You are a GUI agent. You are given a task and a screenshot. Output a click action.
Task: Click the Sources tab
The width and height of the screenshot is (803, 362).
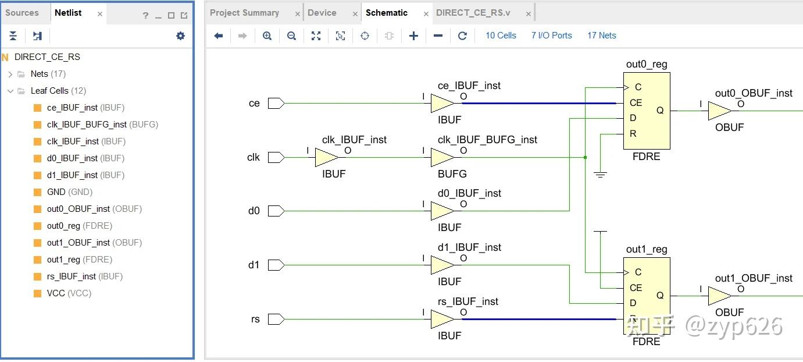click(22, 13)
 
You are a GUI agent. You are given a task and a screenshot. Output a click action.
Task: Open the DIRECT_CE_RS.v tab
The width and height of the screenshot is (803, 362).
click(473, 13)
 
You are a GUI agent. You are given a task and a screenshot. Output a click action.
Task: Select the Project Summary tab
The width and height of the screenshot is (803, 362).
click(244, 13)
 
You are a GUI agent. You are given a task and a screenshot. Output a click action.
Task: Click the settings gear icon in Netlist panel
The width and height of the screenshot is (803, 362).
click(180, 36)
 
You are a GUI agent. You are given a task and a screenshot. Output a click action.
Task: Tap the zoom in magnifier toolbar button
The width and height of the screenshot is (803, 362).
click(267, 36)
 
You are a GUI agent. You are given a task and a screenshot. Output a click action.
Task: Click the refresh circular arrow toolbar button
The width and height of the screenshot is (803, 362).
click(462, 36)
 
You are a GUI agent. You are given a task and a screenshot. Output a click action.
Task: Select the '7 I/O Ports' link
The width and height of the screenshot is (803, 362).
click(551, 36)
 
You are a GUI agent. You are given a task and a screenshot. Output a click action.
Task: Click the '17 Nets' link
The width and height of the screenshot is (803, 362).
click(602, 36)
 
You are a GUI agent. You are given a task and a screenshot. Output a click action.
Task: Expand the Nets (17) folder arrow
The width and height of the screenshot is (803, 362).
click(10, 74)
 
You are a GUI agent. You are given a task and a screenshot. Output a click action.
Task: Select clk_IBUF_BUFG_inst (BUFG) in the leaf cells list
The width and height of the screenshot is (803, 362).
click(102, 125)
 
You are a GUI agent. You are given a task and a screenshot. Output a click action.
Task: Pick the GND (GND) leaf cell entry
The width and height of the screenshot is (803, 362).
click(70, 192)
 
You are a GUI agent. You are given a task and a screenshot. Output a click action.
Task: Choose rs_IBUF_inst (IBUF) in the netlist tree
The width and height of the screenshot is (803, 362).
click(84, 276)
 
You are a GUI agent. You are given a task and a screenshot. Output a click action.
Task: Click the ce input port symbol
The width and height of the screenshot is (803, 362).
click(276, 104)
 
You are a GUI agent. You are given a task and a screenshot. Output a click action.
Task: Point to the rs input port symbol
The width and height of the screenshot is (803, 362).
click(276, 319)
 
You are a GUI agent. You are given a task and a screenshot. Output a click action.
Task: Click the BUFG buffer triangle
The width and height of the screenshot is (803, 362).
click(442, 158)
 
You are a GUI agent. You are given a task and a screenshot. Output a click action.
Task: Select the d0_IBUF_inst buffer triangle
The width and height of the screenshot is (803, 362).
click(442, 211)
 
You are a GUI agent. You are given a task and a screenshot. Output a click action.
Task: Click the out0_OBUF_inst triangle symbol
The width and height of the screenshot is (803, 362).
click(719, 111)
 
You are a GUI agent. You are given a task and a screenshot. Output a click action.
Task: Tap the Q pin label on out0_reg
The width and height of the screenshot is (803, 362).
click(660, 110)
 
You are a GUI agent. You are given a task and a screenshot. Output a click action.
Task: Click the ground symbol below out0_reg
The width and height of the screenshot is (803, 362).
click(601, 175)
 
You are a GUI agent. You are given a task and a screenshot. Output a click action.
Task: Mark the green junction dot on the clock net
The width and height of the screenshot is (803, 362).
click(585, 158)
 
